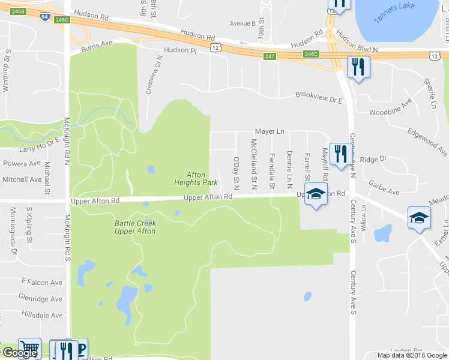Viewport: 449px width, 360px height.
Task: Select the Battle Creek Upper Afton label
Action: click(x=135, y=227)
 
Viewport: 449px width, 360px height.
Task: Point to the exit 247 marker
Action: click(x=269, y=56)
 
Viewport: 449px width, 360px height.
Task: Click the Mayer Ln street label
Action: click(x=269, y=131)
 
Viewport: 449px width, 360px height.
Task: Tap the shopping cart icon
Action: click(x=29, y=349)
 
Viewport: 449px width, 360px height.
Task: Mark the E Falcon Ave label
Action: click(x=42, y=281)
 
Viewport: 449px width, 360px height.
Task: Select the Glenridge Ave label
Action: click(x=40, y=299)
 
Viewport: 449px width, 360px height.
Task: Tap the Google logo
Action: click(x=20, y=353)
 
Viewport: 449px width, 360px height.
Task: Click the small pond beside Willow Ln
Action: click(x=382, y=232)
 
